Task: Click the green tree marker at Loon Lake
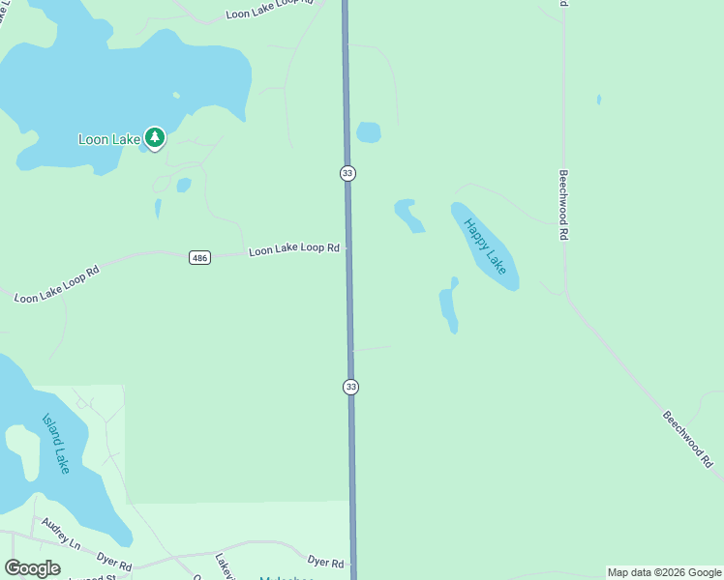tap(155, 137)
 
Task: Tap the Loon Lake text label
tap(109, 139)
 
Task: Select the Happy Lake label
tap(485, 246)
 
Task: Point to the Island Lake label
tap(56, 444)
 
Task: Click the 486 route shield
tap(199, 257)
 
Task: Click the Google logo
tap(32, 568)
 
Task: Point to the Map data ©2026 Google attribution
tap(664, 572)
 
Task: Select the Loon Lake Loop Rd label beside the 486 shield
tap(293, 249)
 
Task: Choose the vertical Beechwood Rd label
tap(562, 205)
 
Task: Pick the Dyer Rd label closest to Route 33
tap(325, 563)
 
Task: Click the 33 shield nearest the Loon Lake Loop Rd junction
tap(347, 173)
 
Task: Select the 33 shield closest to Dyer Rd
tap(350, 387)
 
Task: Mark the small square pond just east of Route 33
tap(368, 131)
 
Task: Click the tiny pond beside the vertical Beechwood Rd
tap(599, 100)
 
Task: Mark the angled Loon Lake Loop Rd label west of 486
tap(56, 285)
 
